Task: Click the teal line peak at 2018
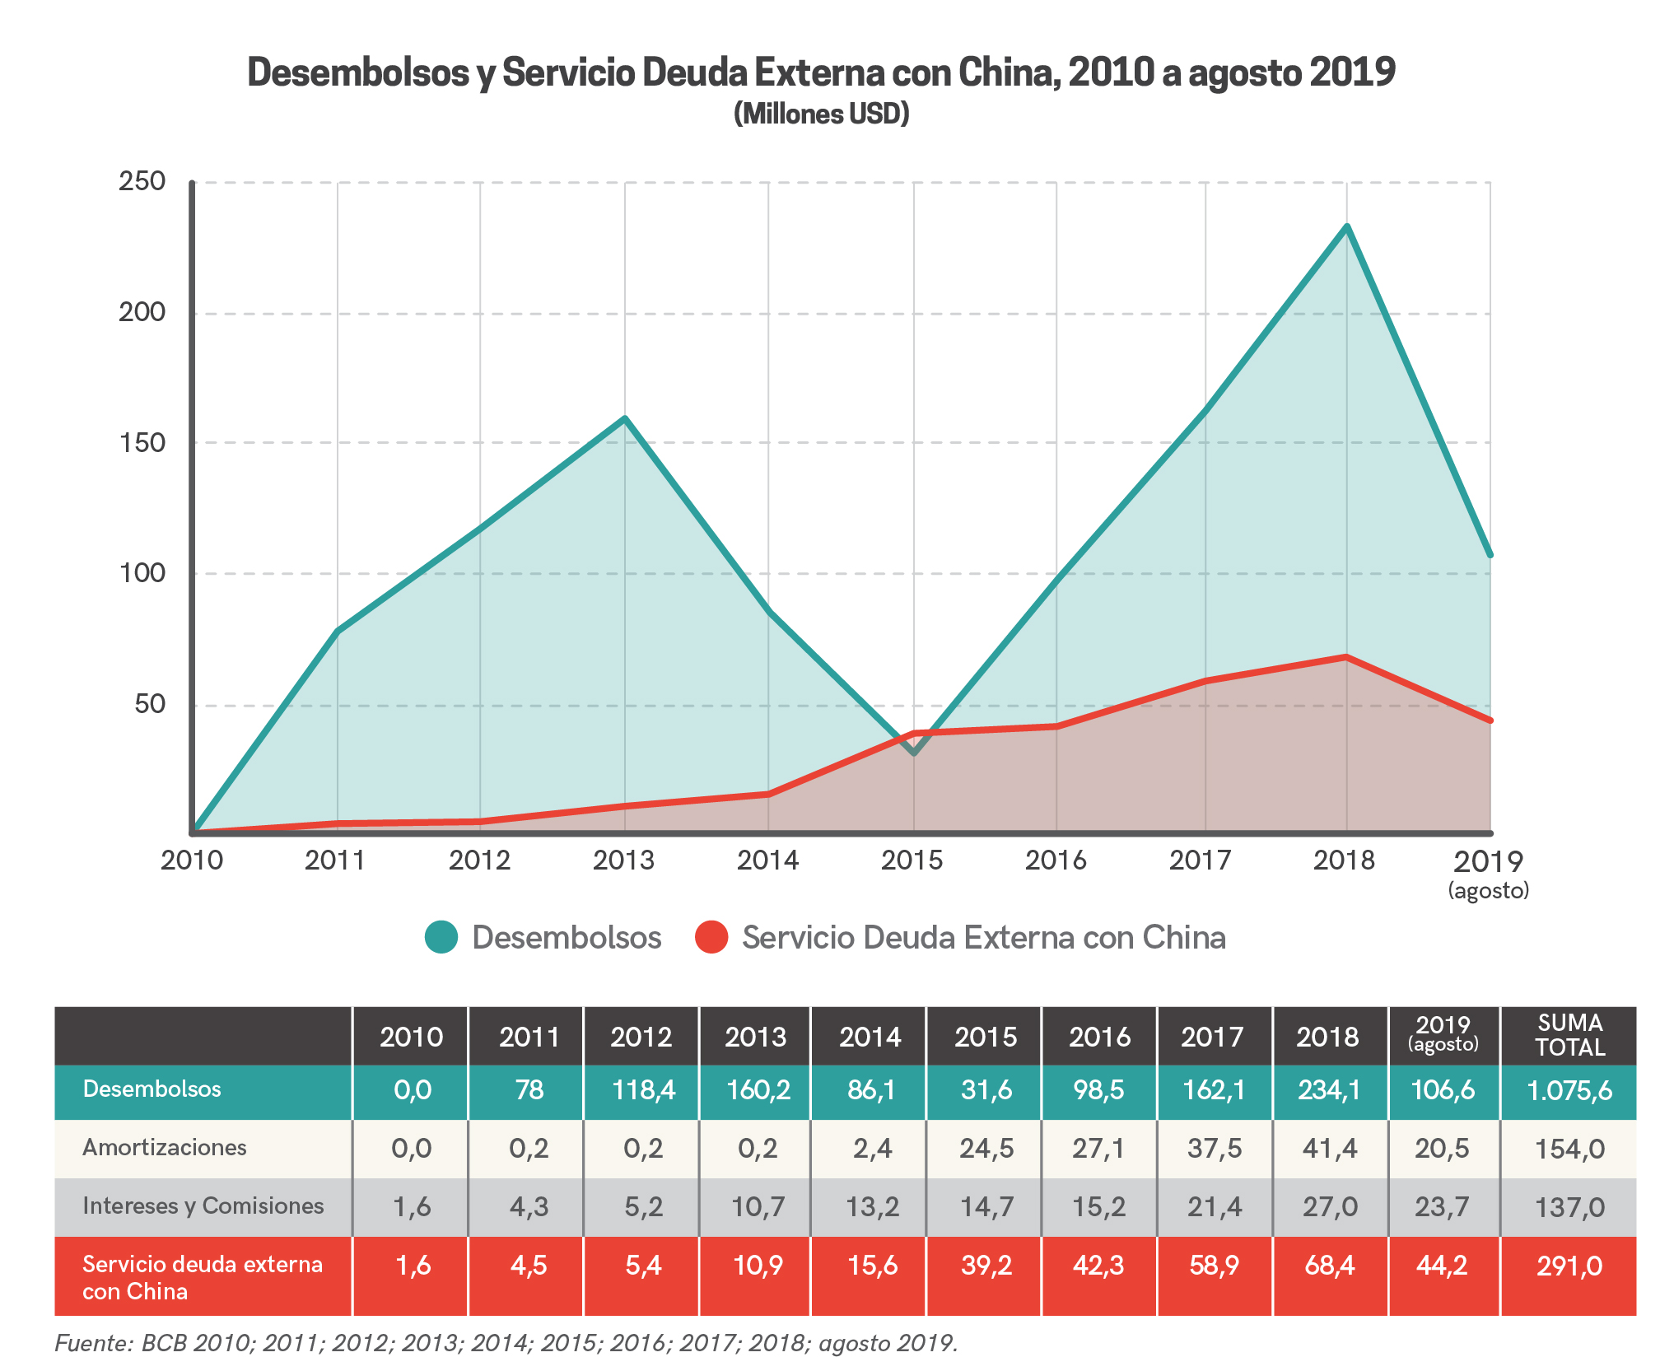click(1346, 226)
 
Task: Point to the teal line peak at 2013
click(625, 418)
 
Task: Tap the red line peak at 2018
click(1346, 656)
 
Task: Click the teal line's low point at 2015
click(913, 752)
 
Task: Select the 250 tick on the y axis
click(142, 181)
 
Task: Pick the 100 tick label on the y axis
click(142, 573)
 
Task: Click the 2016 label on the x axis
click(1056, 860)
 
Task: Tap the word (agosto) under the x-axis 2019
click(1489, 890)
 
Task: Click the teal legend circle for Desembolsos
click(441, 937)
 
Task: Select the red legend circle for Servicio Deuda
click(711, 937)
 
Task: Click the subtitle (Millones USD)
click(822, 114)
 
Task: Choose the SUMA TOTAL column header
click(1569, 1035)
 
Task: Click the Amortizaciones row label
click(165, 1148)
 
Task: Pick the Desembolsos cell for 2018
click(1328, 1090)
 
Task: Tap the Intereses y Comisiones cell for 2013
click(758, 1207)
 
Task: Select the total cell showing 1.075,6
click(1569, 1090)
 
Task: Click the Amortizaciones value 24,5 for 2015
click(986, 1148)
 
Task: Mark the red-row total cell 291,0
click(1569, 1266)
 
